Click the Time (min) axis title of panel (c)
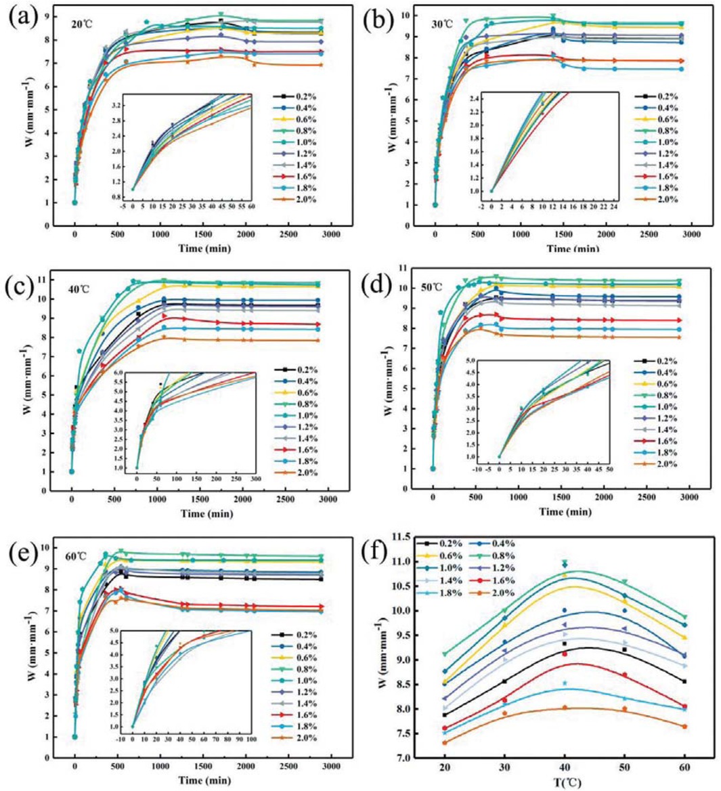tap(209, 513)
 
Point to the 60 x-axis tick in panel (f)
tap(684, 769)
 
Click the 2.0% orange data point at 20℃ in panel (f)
tap(444, 743)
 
